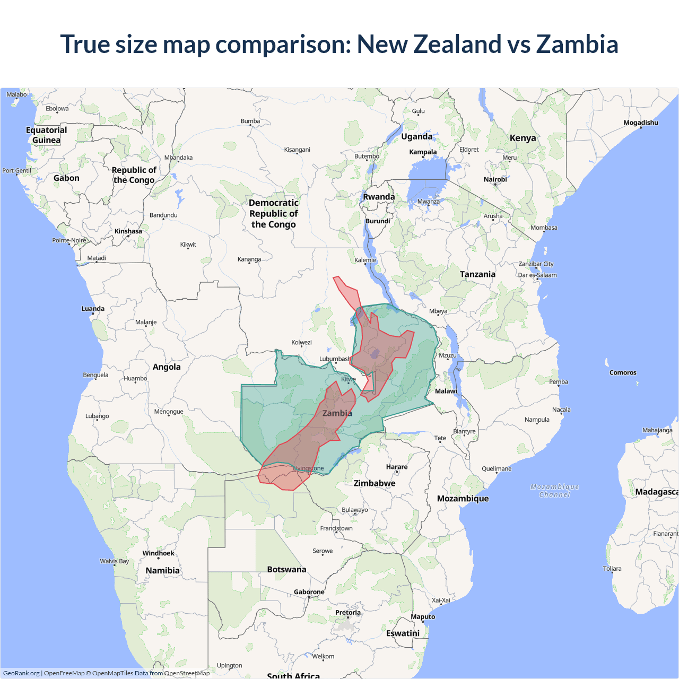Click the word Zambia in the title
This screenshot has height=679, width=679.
pos(577,44)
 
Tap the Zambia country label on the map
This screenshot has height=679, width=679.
pos(337,413)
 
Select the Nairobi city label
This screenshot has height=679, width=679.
pos(495,179)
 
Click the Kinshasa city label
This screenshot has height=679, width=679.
pos(128,231)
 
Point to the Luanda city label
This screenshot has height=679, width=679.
pos(93,309)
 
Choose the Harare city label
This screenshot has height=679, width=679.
pos(397,467)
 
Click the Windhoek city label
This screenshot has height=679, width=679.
pos(158,553)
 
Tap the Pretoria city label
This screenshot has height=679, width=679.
pos(347,613)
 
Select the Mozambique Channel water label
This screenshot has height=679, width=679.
pos(554,491)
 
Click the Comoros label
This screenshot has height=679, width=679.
pos(622,373)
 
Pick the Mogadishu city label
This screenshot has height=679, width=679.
pos(640,123)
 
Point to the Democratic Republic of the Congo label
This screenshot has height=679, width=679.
pos(273,214)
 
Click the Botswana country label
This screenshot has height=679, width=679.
pos(286,570)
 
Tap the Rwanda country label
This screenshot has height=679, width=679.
pos(379,197)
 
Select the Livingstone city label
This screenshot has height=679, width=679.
pos(309,468)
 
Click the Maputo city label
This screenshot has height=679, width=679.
pos(423,617)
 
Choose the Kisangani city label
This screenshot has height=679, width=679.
pos(297,150)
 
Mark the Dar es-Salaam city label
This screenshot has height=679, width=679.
pos(537,275)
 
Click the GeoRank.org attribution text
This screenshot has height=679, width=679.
pos(21,673)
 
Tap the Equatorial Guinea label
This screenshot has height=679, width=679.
pos(47,135)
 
